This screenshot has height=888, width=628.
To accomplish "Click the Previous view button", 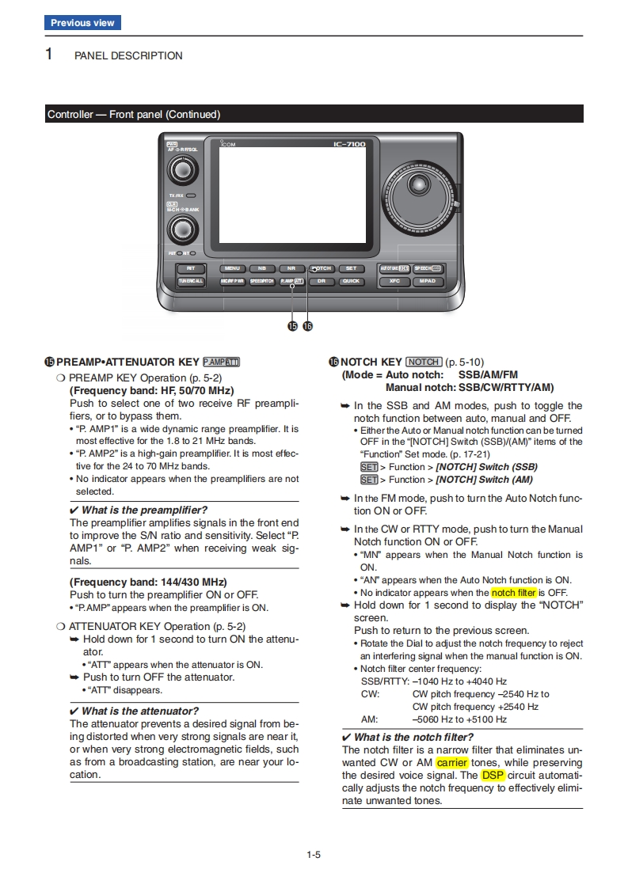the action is pos(82,23).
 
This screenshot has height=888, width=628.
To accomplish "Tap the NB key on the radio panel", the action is pos(261,268).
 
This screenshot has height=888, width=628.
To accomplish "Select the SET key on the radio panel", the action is pos(351,268).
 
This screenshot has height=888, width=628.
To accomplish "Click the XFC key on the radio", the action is pos(394,281).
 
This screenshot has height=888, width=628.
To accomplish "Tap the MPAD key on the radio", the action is pos(428,281).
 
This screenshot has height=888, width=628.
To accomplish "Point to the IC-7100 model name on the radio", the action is pos(349,145).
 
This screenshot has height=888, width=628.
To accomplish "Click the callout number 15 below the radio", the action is pos(292,325).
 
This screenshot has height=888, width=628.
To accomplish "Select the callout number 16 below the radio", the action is pos(307,325).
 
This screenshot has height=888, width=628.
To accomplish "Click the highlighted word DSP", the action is pos(493,776).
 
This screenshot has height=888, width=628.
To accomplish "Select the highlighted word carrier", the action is pos(451,763).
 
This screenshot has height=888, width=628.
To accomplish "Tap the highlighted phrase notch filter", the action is pos(513,593).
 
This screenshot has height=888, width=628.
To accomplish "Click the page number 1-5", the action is pos(314,854).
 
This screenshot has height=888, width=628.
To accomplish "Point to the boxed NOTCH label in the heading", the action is pos(424,362).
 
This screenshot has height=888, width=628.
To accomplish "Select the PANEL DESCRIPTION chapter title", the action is pos(128,56).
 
